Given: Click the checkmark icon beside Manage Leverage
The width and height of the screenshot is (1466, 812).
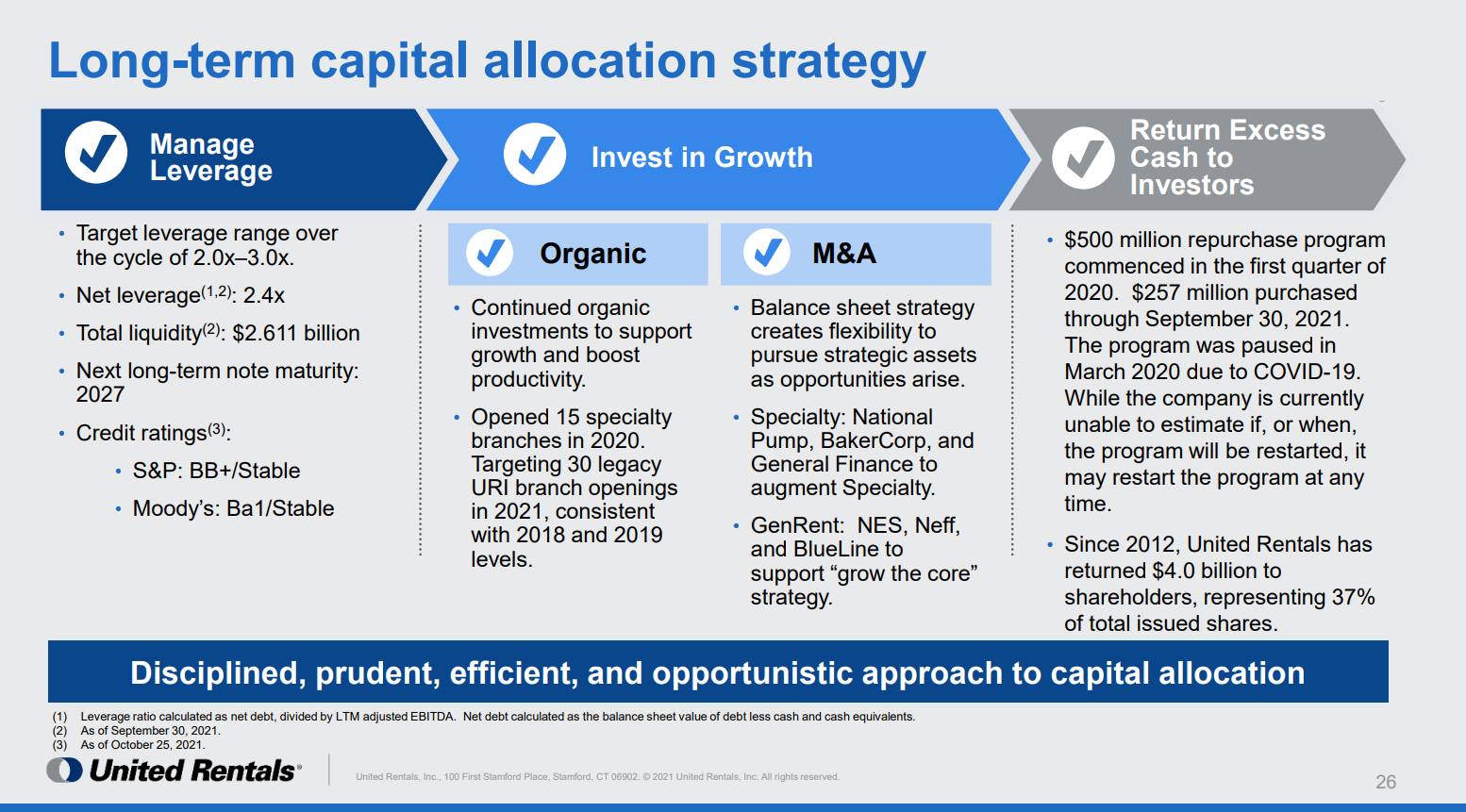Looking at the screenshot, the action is [96, 152].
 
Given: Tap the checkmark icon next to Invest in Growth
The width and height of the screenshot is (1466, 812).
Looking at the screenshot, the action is [535, 154].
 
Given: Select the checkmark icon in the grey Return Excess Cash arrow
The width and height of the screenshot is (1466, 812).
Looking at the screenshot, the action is [1083, 158].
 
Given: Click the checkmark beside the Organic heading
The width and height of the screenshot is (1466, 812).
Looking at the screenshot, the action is [490, 253].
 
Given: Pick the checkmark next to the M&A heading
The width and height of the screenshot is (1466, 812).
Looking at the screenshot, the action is [767, 253].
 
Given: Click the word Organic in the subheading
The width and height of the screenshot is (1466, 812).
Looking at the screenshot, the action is [593, 254].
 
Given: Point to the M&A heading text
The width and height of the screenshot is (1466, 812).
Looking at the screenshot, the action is [844, 254].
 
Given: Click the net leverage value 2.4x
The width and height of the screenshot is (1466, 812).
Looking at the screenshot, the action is [264, 296].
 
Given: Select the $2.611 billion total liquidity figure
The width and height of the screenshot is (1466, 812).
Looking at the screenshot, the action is [296, 333].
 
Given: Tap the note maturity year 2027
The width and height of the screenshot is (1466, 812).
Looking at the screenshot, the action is [100, 394].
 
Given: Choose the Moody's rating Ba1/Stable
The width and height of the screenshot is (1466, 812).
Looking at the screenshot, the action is [280, 508].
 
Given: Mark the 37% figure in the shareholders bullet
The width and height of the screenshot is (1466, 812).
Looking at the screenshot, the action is [1353, 597].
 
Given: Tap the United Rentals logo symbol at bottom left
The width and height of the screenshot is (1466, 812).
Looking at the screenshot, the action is [64, 771].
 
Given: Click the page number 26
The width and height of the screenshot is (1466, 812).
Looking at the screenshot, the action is [1386, 782].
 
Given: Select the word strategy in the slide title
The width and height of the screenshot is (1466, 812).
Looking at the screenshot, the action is [828, 62].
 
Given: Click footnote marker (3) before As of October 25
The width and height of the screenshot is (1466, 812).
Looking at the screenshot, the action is [59, 745].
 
